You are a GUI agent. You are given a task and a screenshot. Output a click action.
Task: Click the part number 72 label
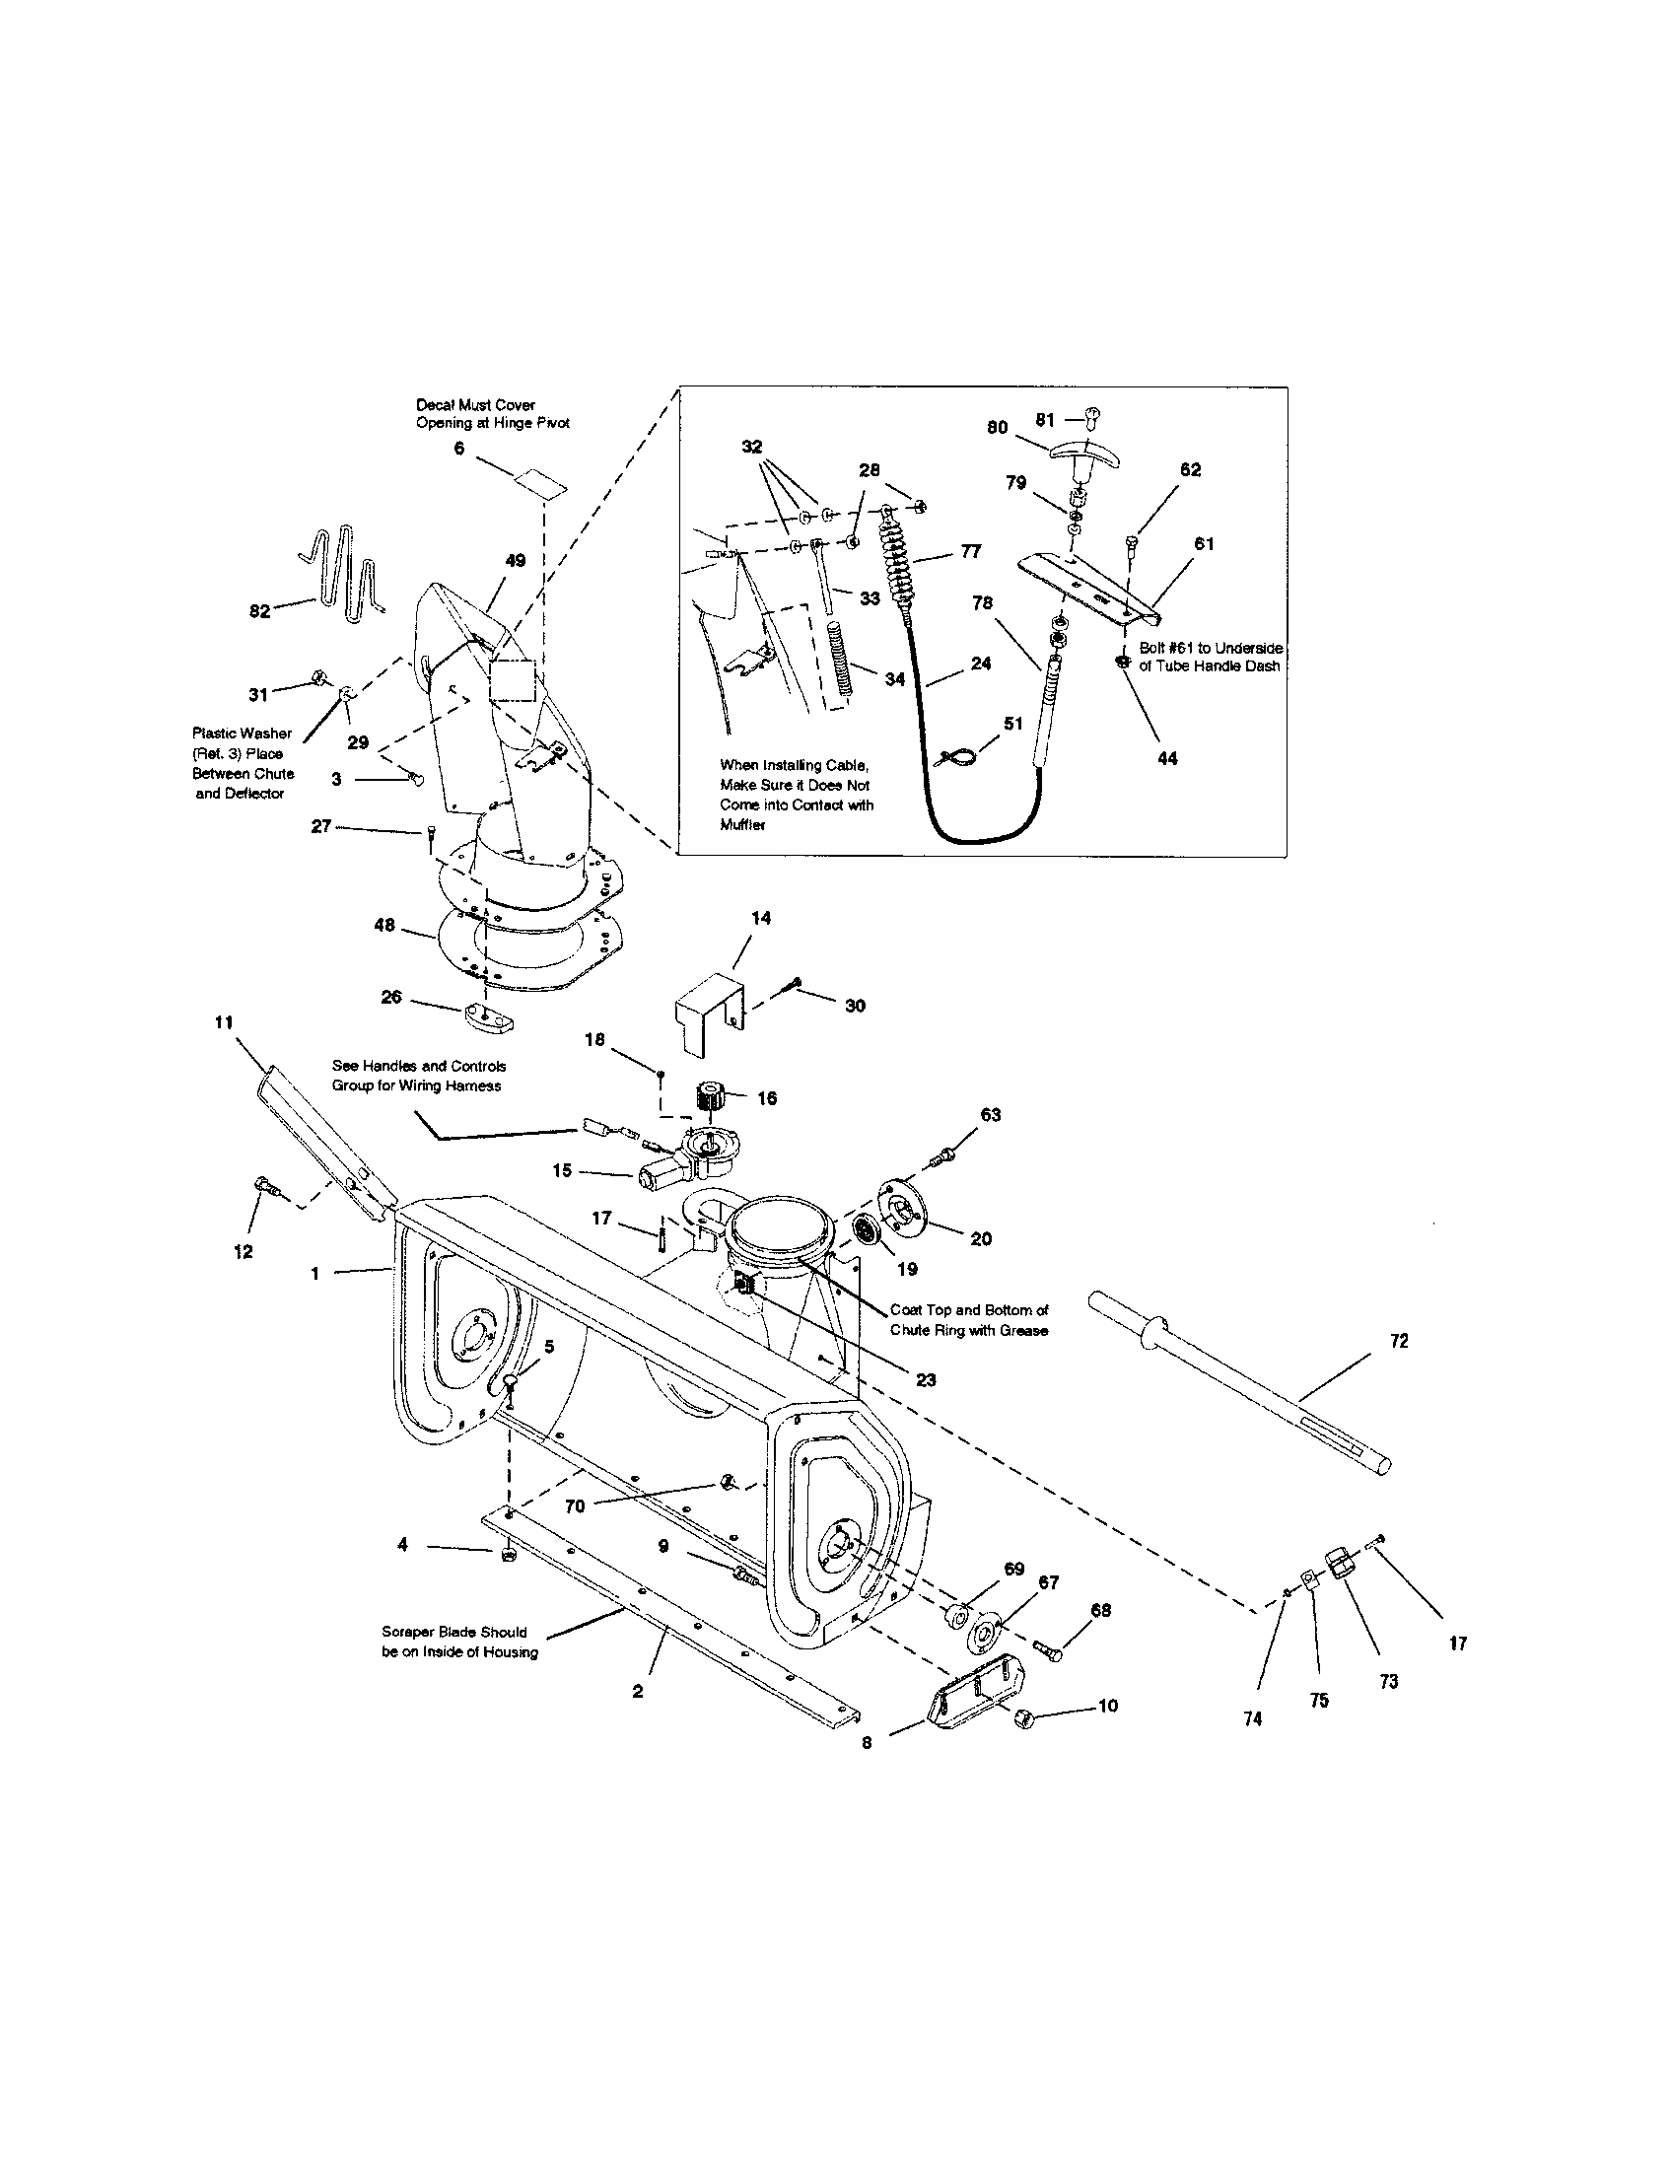(x=1398, y=1341)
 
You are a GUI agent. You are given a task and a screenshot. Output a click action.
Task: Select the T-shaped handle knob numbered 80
(x=1086, y=455)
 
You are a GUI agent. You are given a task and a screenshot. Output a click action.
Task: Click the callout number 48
(x=384, y=925)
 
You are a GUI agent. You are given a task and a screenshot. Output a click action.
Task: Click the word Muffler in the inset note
(x=742, y=825)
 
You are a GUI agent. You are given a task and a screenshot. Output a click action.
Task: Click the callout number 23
(x=926, y=1379)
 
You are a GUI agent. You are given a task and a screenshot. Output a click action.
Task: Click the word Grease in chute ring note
(x=1024, y=1330)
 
